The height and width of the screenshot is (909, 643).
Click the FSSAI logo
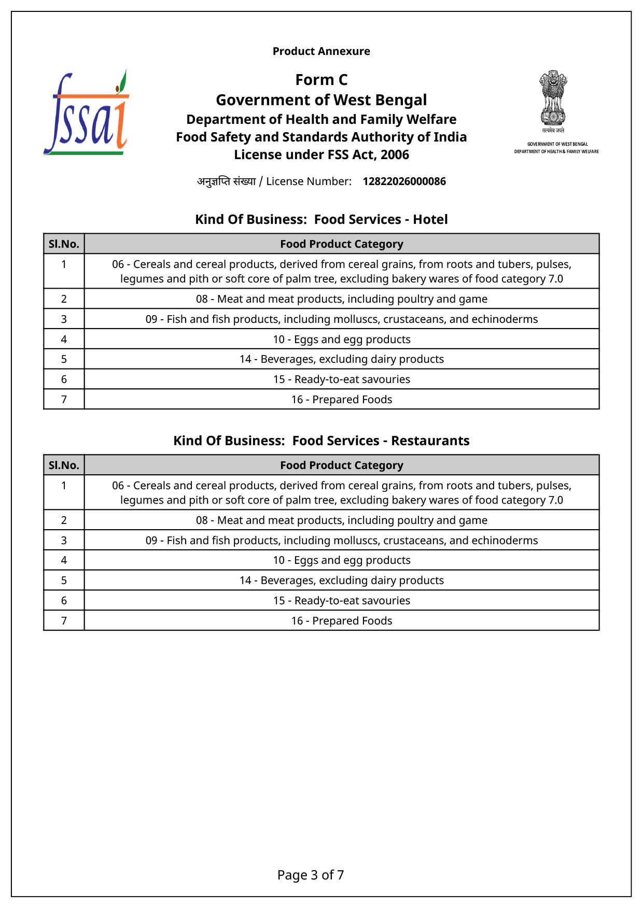(86, 113)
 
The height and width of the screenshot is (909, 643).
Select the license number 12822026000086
(404, 181)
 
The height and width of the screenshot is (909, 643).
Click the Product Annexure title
(321, 51)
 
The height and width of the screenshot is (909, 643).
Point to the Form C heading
(321, 80)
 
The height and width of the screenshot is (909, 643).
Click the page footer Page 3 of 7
(310, 875)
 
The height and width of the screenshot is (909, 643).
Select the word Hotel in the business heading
(430, 220)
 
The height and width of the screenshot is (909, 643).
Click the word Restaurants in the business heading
(430, 441)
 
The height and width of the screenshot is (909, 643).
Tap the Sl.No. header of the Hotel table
(64, 244)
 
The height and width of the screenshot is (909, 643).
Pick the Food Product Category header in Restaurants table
(341, 465)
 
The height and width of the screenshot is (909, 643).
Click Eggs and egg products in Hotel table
(341, 339)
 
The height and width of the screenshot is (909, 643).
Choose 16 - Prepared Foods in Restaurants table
(341, 621)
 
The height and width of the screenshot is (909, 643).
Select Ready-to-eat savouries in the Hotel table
(341, 379)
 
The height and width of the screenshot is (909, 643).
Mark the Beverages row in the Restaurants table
(341, 580)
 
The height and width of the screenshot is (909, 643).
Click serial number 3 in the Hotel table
(64, 319)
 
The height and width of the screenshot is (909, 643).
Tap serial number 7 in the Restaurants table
(64, 621)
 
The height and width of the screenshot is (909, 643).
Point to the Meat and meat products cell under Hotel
(341, 299)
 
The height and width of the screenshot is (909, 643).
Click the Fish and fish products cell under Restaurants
(341, 541)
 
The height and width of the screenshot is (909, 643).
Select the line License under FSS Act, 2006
(321, 155)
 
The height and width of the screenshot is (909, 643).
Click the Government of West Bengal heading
(321, 100)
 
